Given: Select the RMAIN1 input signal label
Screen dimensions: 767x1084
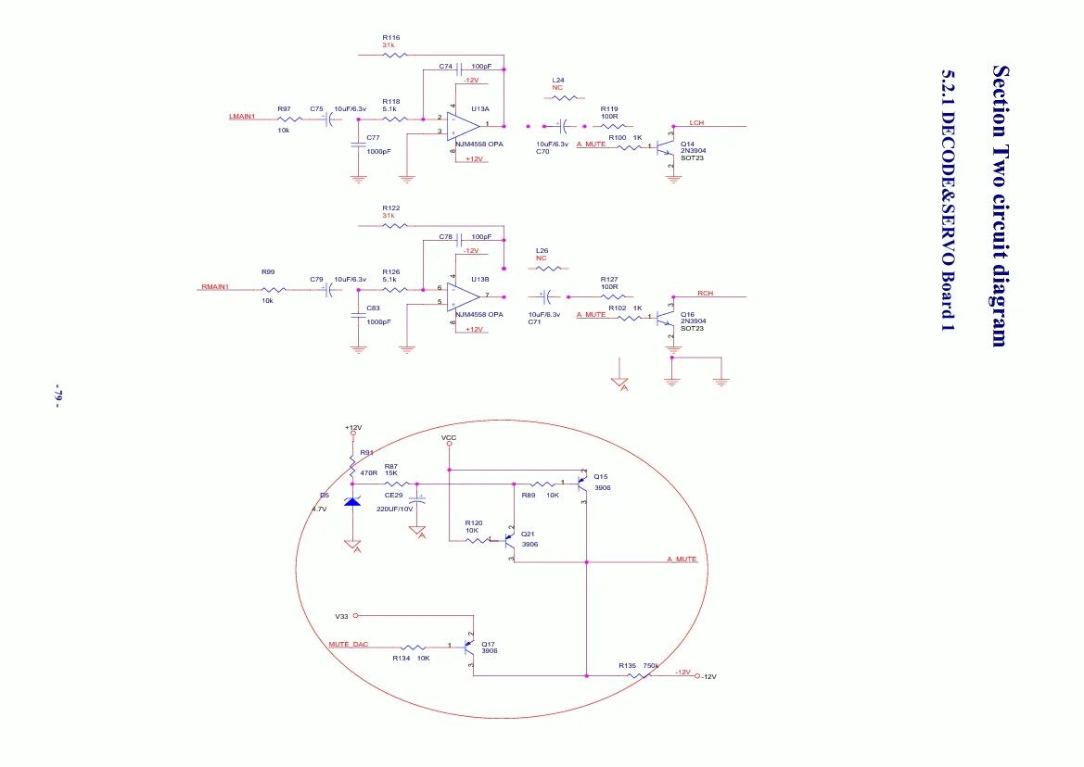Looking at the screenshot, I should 214,287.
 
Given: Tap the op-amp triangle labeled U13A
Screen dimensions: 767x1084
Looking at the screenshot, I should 464,124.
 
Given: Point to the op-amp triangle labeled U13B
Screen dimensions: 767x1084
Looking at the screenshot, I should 464,296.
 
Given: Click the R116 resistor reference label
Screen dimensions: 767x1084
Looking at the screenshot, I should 390,37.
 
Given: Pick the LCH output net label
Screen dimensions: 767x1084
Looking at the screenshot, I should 697,122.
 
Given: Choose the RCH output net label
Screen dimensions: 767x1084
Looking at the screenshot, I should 706,293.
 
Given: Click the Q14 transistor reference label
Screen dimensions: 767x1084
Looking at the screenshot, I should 687,144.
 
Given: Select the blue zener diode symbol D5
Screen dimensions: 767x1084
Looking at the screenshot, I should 352,502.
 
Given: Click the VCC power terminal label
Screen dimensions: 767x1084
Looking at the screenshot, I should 449,436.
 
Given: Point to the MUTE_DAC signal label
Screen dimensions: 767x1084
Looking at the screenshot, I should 349,644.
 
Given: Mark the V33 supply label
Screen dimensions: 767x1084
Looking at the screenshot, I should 342,615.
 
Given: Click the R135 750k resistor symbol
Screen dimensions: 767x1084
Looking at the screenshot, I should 637,675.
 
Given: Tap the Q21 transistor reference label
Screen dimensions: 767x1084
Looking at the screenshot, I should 527,534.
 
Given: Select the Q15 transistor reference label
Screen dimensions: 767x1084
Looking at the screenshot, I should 600,477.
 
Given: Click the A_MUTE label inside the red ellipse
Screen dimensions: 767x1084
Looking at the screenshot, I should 682,560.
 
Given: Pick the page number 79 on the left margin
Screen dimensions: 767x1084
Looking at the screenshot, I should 57,394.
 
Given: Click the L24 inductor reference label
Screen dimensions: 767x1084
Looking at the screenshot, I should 557,81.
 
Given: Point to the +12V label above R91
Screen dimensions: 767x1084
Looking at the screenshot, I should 353,428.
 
